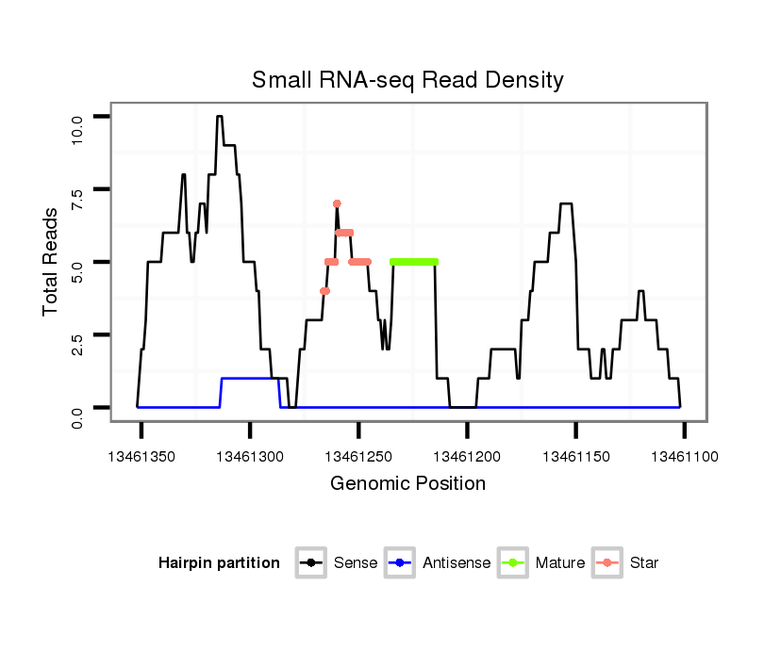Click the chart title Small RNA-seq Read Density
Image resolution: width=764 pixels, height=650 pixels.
pyautogui.click(x=407, y=80)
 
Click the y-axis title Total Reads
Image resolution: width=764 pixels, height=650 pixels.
pyautogui.click(x=53, y=261)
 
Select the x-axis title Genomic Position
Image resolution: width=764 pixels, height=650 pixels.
pyautogui.click(x=407, y=484)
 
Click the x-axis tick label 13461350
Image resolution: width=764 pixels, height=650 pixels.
pyautogui.click(x=141, y=457)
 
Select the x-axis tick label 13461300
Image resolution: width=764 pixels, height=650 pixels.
pyautogui.click(x=250, y=457)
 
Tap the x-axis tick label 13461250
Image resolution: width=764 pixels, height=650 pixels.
pyautogui.click(x=358, y=457)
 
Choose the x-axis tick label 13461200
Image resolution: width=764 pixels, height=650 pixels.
pyautogui.click(x=467, y=457)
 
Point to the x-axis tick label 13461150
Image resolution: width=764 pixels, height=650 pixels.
pyautogui.click(x=575, y=457)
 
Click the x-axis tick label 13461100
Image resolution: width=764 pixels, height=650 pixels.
pyautogui.click(x=684, y=457)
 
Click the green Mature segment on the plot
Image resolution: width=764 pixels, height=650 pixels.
pyautogui.click(x=414, y=261)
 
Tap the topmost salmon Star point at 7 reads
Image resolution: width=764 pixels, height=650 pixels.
pyautogui.click(x=337, y=203)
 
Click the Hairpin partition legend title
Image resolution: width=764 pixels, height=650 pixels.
pyautogui.click(x=219, y=563)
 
